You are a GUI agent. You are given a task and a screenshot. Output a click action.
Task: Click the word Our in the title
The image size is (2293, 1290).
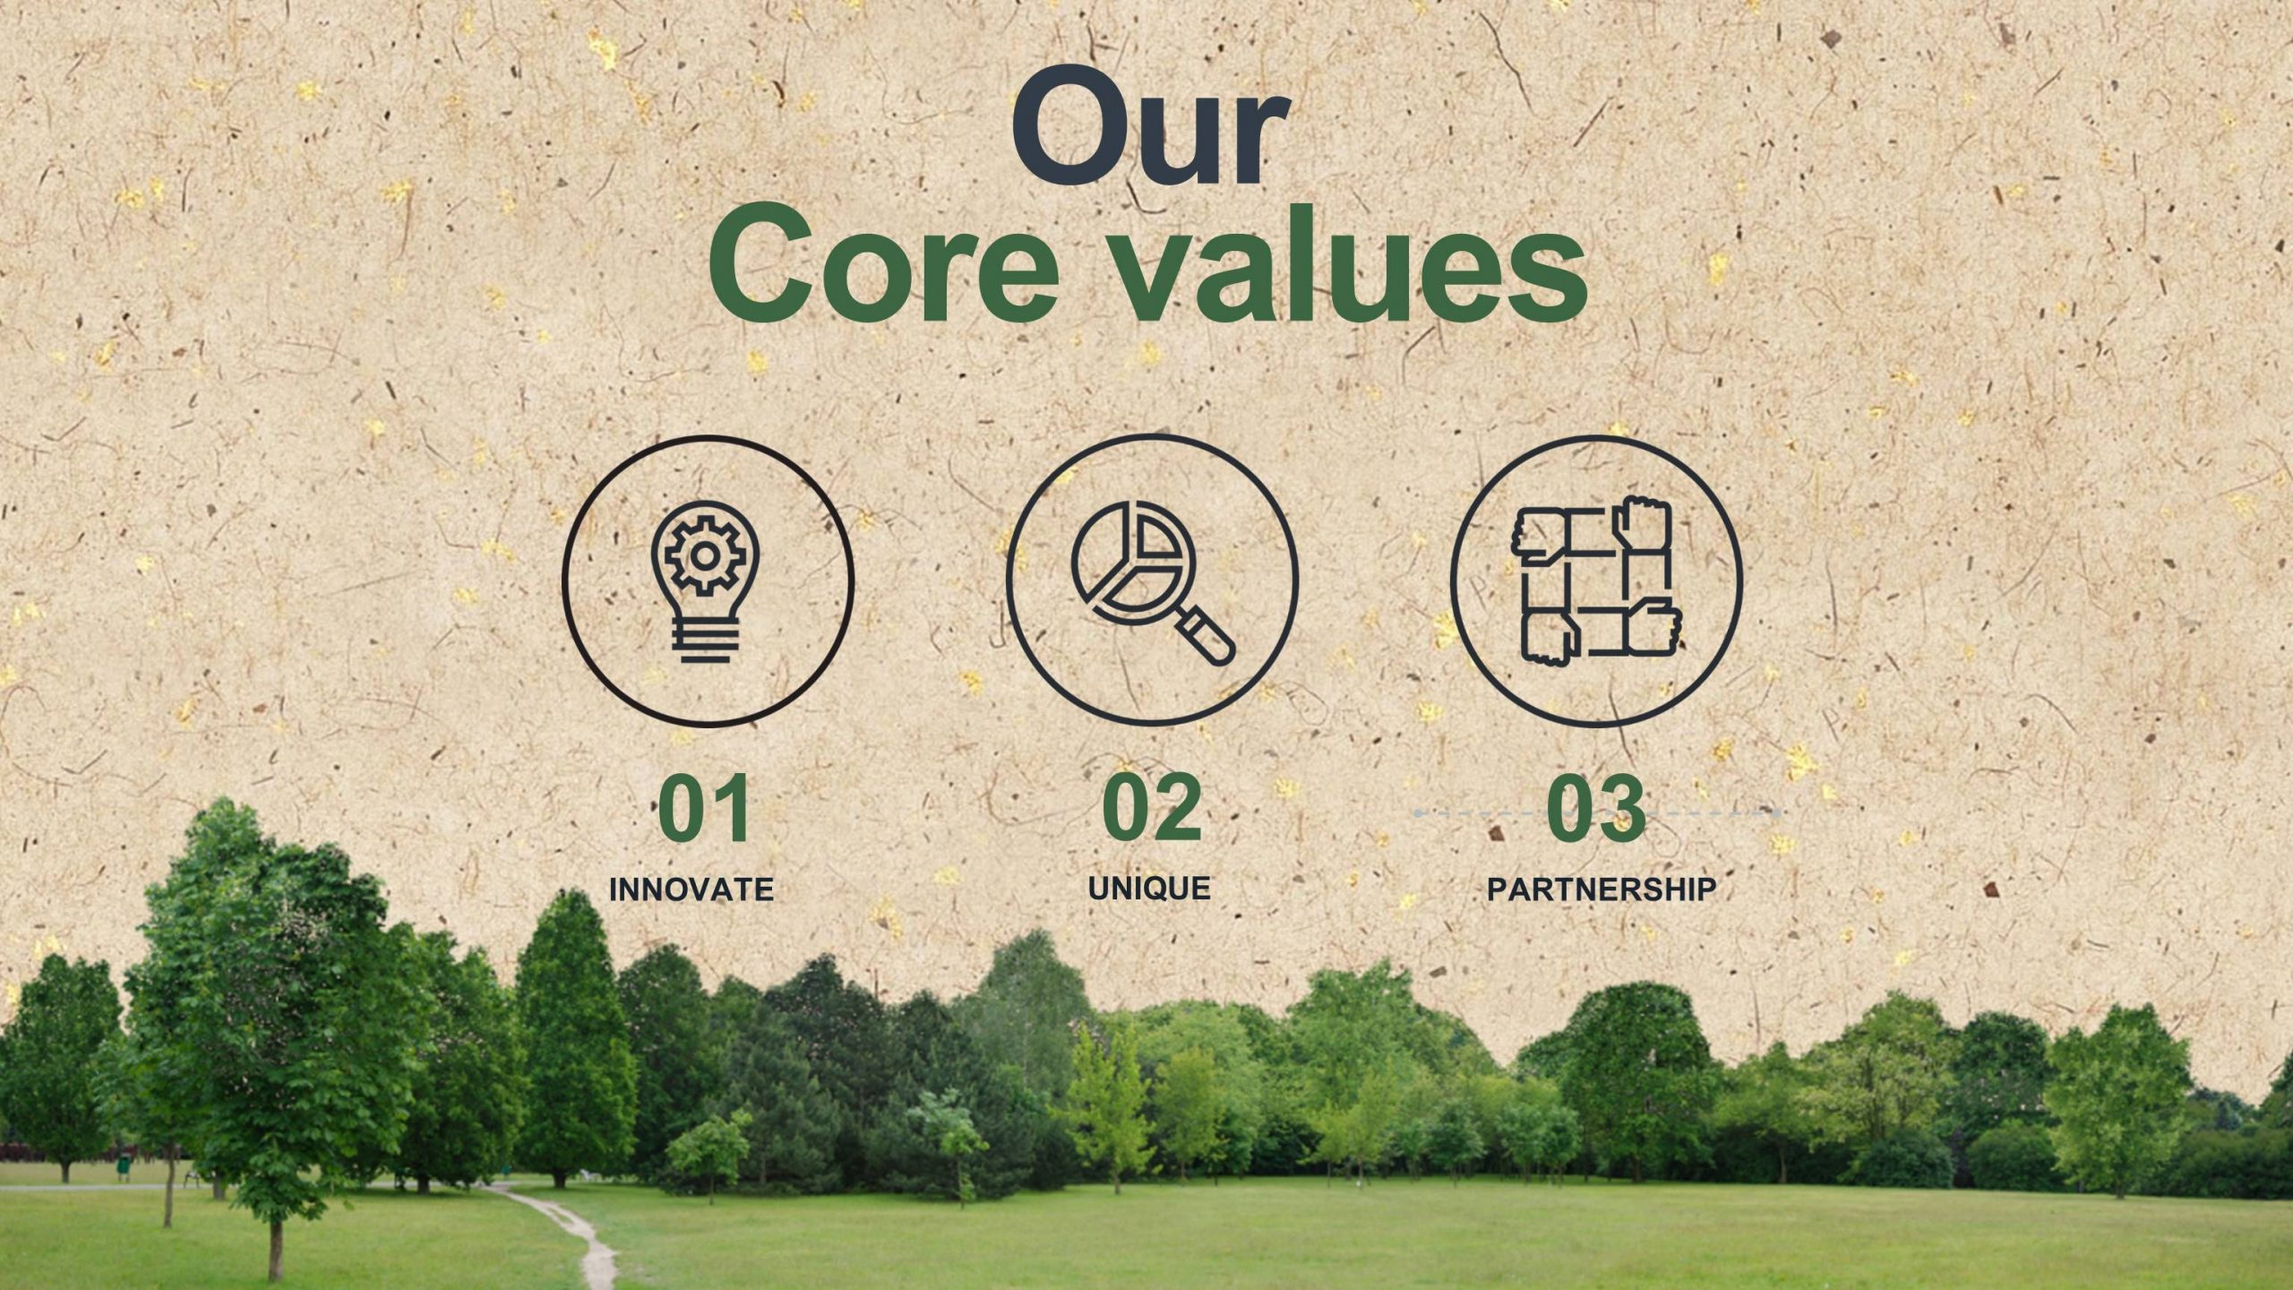pos(1150,126)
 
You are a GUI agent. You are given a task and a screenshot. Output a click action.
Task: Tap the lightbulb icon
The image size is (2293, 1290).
pos(706,581)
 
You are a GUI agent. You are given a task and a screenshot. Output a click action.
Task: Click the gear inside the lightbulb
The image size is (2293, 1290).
pos(705,556)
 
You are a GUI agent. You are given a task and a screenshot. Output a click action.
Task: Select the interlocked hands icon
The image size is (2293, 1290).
pos(1596,580)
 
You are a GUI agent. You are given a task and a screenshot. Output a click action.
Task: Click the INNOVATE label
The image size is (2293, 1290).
pos(691,890)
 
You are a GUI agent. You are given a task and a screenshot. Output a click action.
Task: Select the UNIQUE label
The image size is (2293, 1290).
pos(1149,889)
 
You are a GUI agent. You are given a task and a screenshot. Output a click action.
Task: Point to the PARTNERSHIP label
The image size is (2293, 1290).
pos(1602,890)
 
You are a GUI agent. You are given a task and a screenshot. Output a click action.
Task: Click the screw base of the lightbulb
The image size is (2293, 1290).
pos(706,642)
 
